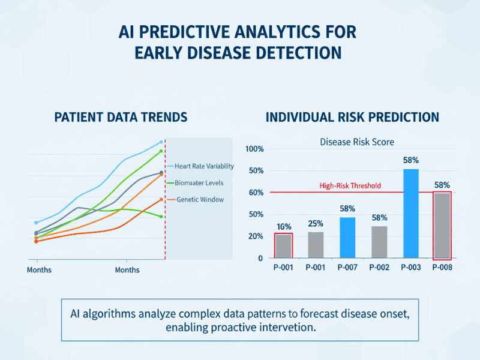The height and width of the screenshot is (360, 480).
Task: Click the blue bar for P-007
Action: click(x=347, y=237)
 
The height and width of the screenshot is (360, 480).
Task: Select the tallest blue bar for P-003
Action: click(x=411, y=213)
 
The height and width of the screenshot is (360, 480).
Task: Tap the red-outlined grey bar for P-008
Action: click(x=442, y=225)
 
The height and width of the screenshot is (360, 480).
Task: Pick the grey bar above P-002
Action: click(x=379, y=242)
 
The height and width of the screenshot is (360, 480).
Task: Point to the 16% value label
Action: click(x=284, y=227)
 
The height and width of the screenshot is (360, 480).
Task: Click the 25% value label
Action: click(x=316, y=224)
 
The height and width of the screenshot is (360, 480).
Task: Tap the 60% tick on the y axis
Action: click(x=255, y=193)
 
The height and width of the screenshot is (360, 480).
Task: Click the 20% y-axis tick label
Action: click(x=255, y=236)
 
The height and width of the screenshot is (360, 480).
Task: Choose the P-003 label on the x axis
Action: click(x=411, y=268)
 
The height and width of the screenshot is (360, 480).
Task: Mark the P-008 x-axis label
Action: click(x=443, y=268)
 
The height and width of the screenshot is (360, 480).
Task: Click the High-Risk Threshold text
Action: click(x=350, y=186)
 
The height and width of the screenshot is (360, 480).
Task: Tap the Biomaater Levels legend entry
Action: click(x=199, y=182)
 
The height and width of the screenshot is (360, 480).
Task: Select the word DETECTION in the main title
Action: click(x=292, y=53)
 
